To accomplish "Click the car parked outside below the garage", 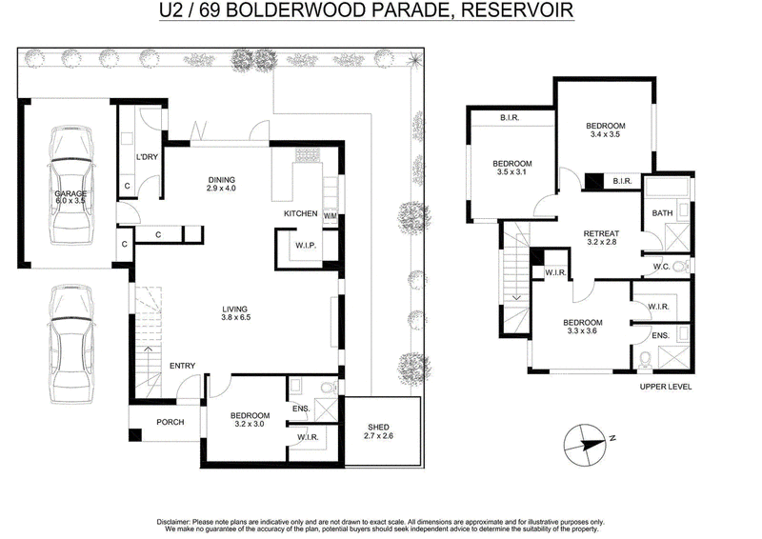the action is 70,344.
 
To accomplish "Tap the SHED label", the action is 378,428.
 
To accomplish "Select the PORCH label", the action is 170,422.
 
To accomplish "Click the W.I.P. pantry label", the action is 306,246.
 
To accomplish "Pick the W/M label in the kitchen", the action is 330,216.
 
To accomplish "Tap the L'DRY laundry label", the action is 147,156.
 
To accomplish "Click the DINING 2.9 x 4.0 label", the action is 221,184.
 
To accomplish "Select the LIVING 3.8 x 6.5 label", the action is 236,313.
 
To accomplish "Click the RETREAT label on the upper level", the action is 602,233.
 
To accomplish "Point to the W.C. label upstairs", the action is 661,267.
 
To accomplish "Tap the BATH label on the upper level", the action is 662,213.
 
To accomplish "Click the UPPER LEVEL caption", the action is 666,387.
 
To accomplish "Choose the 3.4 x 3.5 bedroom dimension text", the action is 605,134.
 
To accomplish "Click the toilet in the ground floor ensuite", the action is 329,388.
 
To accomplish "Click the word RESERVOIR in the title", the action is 517,10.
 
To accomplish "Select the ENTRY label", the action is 182,366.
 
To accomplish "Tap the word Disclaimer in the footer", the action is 173,522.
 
